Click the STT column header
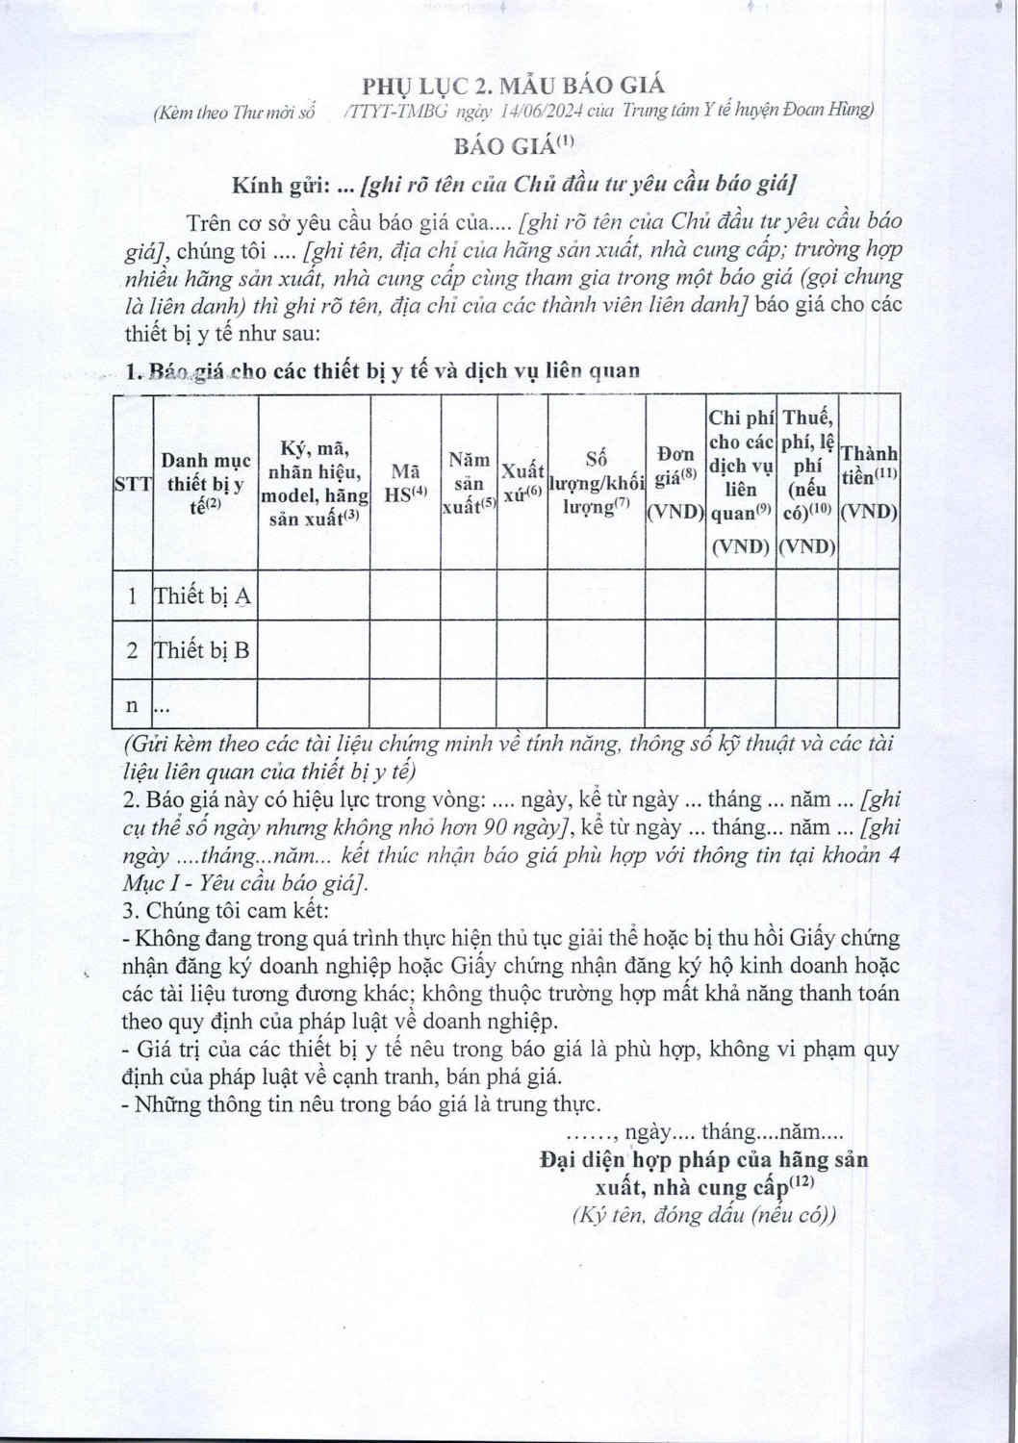coord(133,483)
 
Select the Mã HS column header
coord(404,482)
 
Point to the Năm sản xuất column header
coord(469,483)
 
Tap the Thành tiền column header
coord(868,482)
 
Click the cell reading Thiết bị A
coord(203,596)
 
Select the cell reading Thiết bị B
coord(202,650)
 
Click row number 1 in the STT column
coord(133,596)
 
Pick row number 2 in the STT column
coord(133,650)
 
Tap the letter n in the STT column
coord(133,705)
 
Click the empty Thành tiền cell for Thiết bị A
coord(868,596)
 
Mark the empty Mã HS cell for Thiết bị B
coord(404,650)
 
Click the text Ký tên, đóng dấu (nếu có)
coord(703,1214)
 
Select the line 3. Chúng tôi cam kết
coord(227,910)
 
